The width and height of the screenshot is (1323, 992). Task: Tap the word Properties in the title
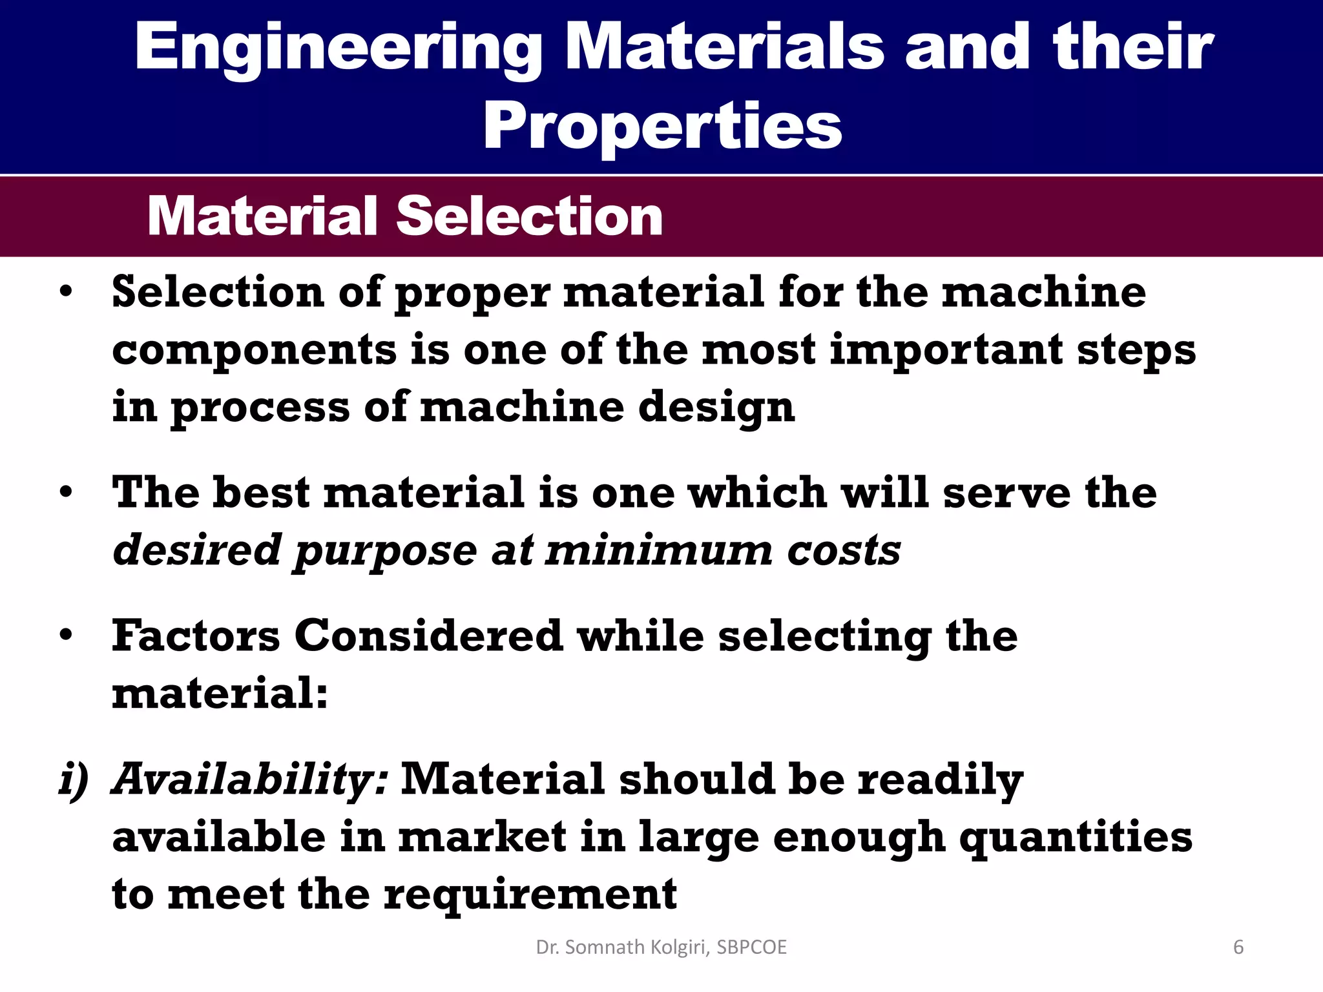tap(662, 126)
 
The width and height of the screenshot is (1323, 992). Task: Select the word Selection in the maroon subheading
tap(529, 216)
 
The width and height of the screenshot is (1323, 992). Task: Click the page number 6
tap(1238, 947)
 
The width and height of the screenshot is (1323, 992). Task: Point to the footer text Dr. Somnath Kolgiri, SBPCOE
tap(661, 947)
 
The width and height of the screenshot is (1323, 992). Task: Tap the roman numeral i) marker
tap(74, 780)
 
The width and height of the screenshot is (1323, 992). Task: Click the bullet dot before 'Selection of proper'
tap(66, 293)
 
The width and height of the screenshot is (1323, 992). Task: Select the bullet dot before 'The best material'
tap(66, 493)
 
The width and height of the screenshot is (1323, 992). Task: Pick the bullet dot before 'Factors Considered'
tap(66, 636)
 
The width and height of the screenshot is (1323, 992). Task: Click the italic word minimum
tap(659, 551)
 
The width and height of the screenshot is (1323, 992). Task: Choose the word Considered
tap(428, 636)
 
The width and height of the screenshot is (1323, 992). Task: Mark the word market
tap(483, 838)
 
